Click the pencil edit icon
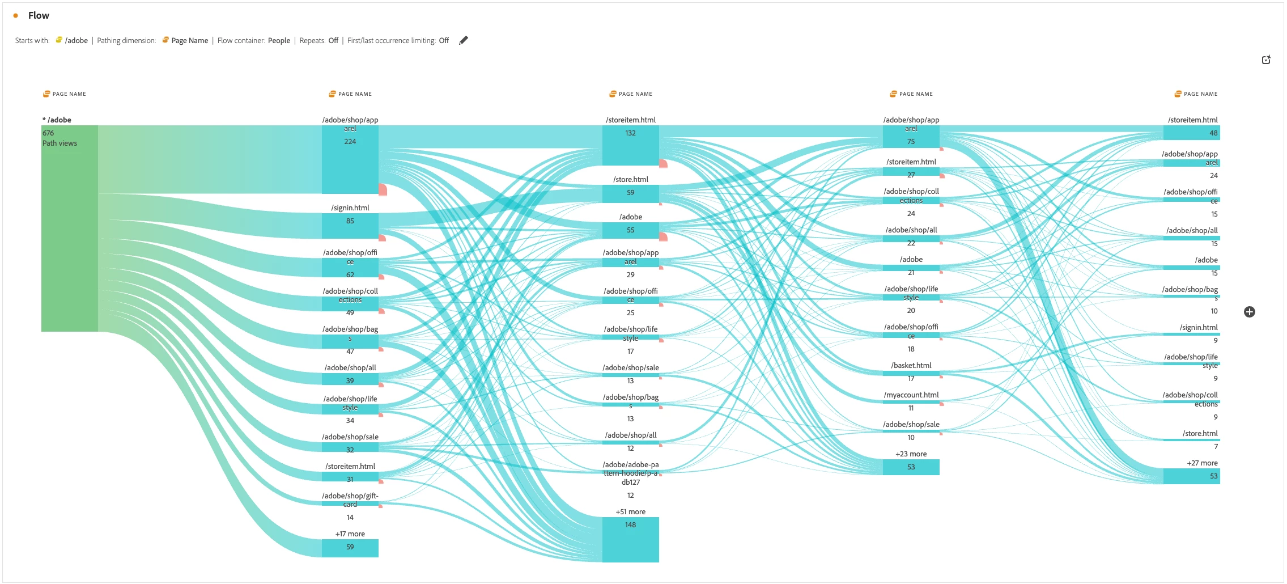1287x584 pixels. pyautogui.click(x=464, y=40)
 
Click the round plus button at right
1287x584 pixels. pyautogui.click(x=1249, y=312)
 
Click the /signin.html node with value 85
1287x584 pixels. pyautogui.click(x=350, y=226)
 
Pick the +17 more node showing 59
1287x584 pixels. pyautogui.click(x=350, y=548)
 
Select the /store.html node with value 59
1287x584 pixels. pyautogui.click(x=630, y=194)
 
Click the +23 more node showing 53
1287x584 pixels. pyautogui.click(x=911, y=467)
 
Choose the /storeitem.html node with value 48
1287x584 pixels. pyautogui.click(x=1191, y=133)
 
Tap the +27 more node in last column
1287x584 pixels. pyautogui.click(x=1191, y=476)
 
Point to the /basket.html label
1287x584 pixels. pyautogui.click(x=911, y=366)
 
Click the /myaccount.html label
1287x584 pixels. pyautogui.click(x=911, y=395)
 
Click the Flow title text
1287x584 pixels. pyautogui.click(x=39, y=15)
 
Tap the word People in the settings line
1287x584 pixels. pyautogui.click(x=279, y=41)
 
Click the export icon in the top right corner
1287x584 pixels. pyautogui.click(x=1266, y=60)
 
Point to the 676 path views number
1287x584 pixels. pyautogui.click(x=48, y=133)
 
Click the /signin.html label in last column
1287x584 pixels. pyautogui.click(x=1199, y=328)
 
